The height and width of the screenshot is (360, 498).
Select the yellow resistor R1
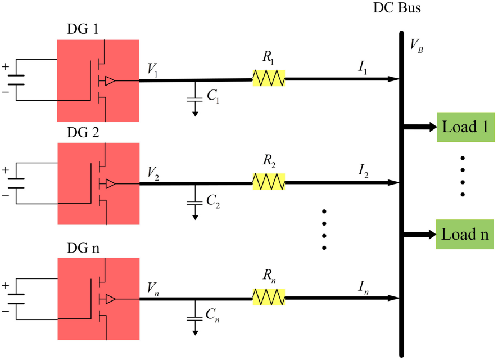pos(269,78)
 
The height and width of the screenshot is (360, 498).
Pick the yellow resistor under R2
pos(269,182)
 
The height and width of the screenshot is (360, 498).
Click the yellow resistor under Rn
pos(269,297)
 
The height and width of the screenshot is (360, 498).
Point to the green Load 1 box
pos(465,127)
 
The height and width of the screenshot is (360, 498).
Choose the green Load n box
pos(465,234)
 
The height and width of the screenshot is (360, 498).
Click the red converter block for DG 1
pos(98,80)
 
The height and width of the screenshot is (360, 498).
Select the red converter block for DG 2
pos(98,183)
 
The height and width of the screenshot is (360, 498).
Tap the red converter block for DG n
pos(98,298)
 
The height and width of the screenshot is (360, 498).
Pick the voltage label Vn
pos(152,287)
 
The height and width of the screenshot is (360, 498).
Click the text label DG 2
pos(83,133)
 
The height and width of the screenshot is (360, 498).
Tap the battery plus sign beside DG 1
pos(6,66)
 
